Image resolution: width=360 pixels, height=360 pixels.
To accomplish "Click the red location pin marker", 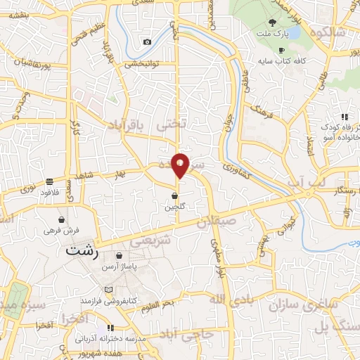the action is [181, 165].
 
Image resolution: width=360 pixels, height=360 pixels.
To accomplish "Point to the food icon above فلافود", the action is [49, 180].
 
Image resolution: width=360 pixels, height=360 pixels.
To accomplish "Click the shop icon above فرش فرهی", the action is [62, 219].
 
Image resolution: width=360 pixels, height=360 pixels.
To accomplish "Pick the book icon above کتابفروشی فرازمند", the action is [108, 289].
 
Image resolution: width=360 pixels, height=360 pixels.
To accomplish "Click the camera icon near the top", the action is [147, 41].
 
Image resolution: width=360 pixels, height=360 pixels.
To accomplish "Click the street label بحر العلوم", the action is [162, 302].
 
